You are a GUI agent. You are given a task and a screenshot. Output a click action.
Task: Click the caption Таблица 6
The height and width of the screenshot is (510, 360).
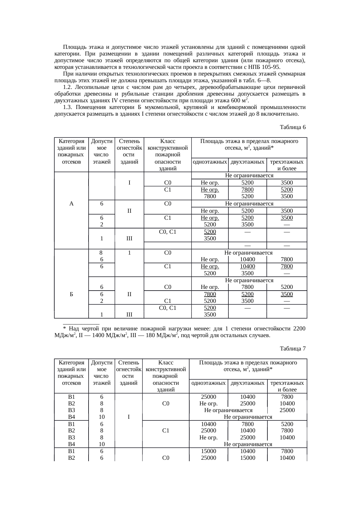coord(293,127)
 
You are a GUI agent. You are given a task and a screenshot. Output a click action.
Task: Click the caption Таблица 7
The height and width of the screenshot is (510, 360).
coord(293,348)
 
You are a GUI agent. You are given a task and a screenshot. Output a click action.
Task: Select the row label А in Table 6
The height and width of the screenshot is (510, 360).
coord(71,204)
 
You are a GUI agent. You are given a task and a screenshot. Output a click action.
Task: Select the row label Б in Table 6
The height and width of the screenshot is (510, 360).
coord(71,294)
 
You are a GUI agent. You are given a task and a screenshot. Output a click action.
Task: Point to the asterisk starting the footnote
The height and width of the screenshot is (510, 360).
coord(65,329)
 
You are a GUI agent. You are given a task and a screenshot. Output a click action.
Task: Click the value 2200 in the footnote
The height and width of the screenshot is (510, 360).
coord(299,329)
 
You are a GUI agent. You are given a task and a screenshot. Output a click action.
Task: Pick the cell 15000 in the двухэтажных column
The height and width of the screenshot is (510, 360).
coord(248,458)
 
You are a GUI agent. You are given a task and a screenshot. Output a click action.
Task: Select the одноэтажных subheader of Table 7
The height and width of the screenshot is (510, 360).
coord(208,383)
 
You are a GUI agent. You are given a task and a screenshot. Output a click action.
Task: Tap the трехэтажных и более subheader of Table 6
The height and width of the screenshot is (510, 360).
coord(287,165)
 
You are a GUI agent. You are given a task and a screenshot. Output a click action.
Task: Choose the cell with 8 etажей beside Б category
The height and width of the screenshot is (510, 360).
coord(102,253)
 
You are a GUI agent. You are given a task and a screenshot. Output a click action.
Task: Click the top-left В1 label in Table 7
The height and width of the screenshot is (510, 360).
coord(71,397)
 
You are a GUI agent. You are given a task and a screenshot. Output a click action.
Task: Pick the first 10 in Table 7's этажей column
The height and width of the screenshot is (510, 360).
coord(102,417)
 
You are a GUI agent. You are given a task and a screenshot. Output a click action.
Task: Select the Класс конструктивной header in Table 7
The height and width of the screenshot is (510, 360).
coord(165,366)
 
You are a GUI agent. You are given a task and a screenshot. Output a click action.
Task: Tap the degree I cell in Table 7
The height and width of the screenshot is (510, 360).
coord(128,417)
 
